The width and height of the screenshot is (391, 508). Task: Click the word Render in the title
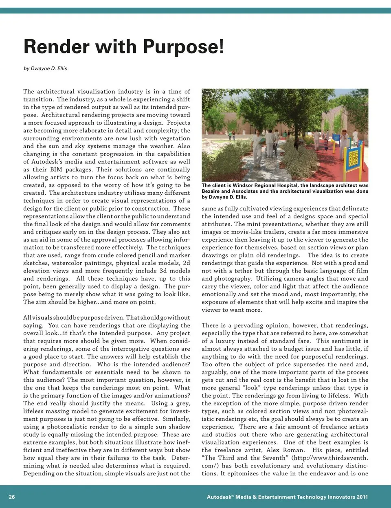[x=56, y=46]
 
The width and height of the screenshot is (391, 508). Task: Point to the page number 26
[x=12, y=497]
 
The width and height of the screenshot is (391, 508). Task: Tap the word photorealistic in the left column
[x=65, y=427]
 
